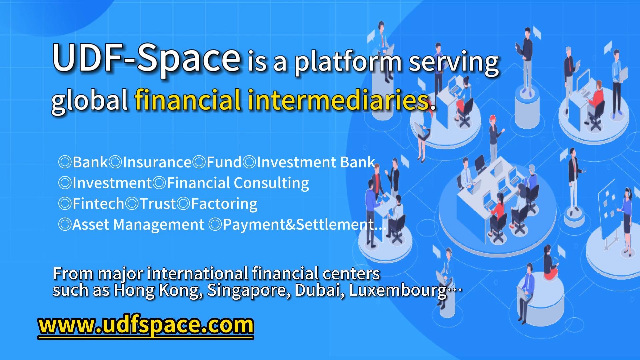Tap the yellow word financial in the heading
188,100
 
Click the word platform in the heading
348,62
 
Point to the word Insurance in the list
157,162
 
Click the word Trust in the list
158,204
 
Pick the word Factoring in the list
224,204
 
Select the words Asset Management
138,225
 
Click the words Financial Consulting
238,183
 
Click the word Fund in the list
224,162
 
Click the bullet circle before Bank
65,162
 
